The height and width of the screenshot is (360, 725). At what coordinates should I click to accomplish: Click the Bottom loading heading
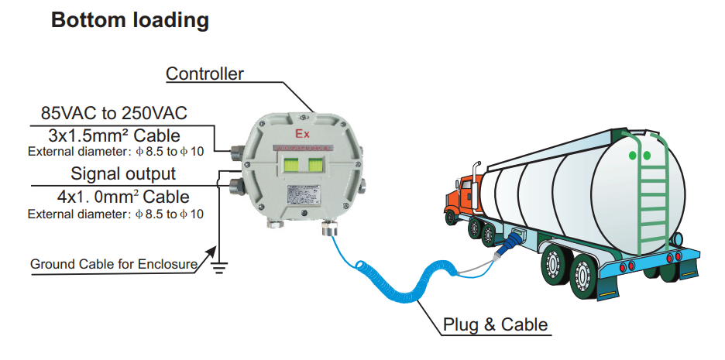point(129,20)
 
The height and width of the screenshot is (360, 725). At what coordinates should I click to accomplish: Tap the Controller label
point(205,74)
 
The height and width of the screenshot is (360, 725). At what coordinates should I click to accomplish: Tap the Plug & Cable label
point(495,324)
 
